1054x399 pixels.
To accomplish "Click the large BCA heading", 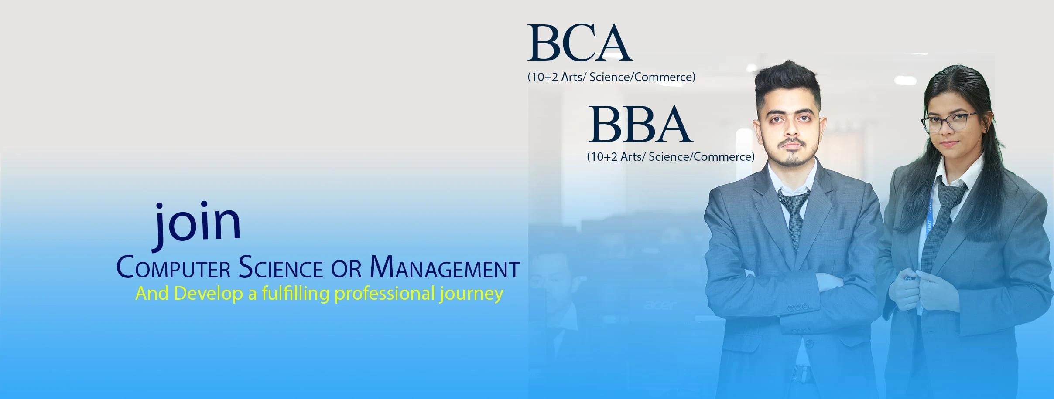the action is tap(580, 43).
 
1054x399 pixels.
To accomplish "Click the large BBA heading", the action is tap(640, 124).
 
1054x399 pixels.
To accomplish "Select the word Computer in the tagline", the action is tap(173, 267).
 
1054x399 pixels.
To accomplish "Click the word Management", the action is tap(445, 267).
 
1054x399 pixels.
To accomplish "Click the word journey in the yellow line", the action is tap(472, 294).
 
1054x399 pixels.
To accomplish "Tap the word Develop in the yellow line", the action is tap(209, 294).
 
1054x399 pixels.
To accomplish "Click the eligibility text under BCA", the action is tap(611, 77).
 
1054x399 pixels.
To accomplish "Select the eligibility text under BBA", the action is tap(671, 157).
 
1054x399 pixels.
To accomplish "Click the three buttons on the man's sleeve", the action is tap(798, 307).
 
